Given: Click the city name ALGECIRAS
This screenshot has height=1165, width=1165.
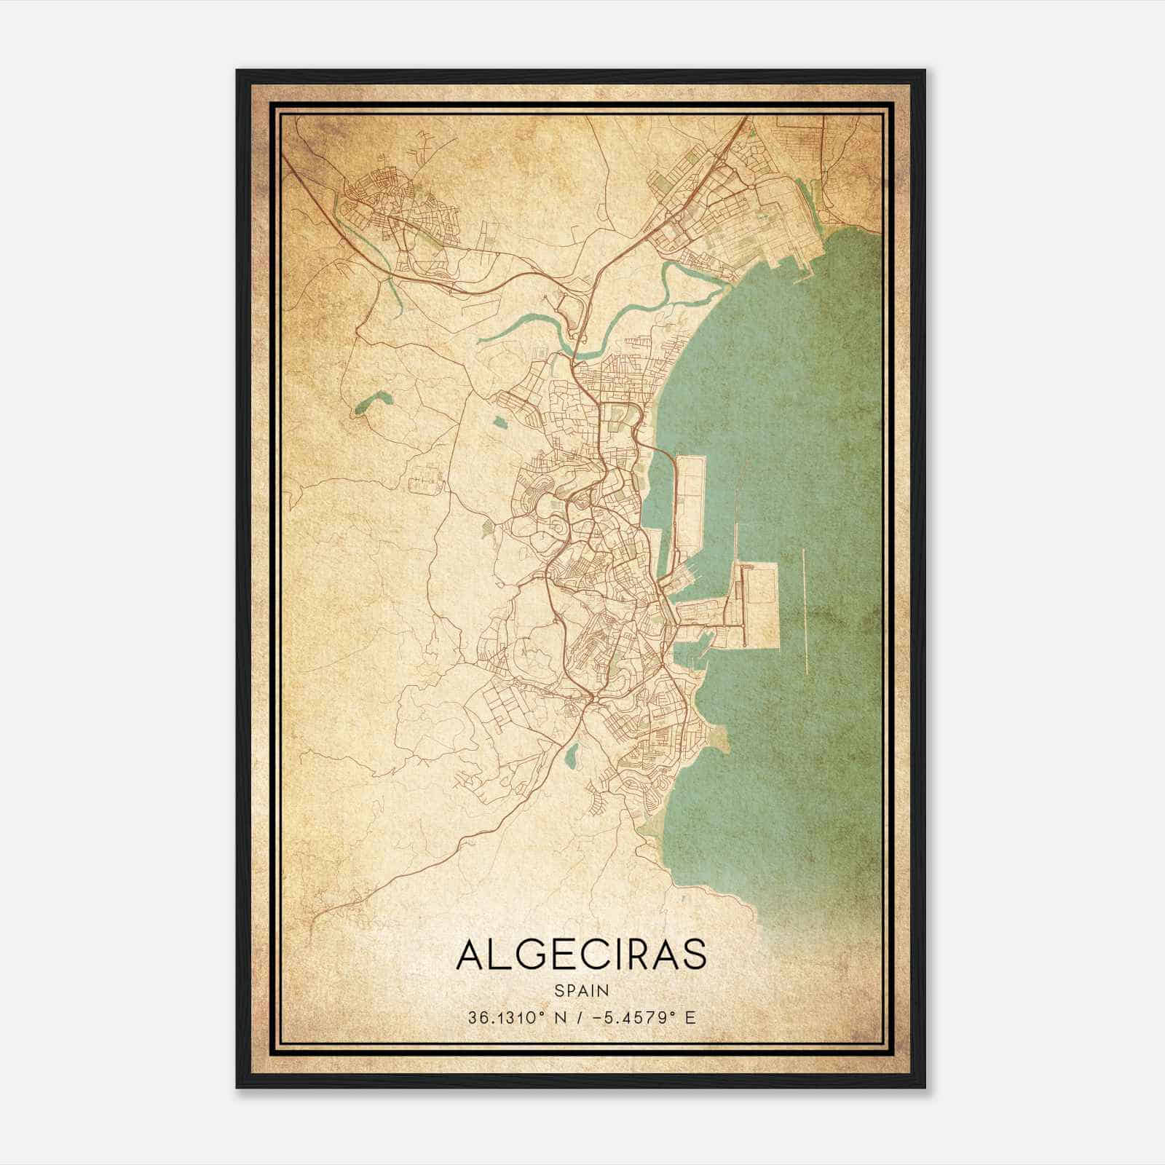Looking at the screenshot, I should pos(581,955).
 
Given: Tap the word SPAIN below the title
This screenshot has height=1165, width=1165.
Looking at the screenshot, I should pos(581,990).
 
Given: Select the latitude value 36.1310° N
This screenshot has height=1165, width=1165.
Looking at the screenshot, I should pos(510,1016).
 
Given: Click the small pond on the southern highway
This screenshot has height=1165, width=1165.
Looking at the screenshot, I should pos(572,755).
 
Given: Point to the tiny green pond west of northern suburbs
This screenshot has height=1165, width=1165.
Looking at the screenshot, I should pos(499,421).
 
